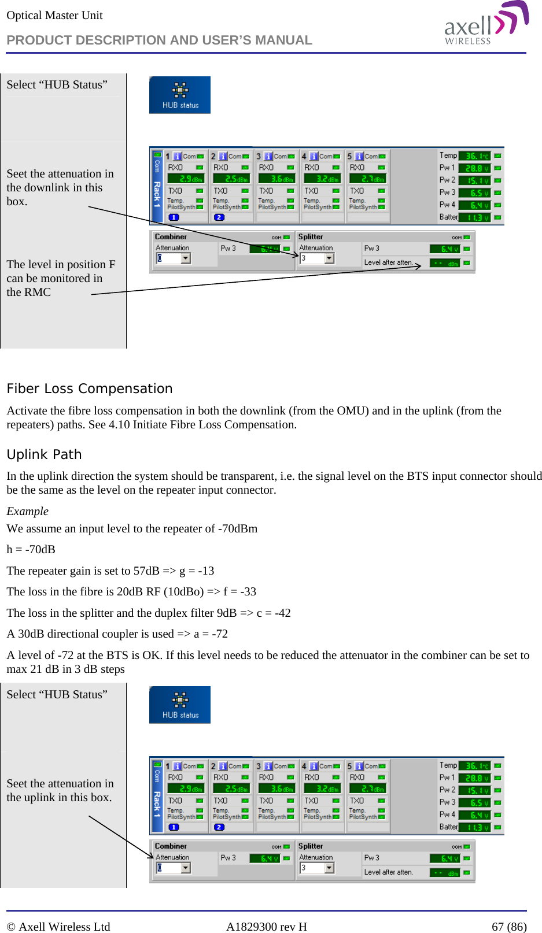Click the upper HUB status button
click(180, 95)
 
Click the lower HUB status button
click(180, 705)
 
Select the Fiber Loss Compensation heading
click(90, 388)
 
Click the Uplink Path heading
click(44, 454)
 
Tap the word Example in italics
click(27, 511)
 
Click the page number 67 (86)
click(508, 927)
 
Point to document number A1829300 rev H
click(266, 927)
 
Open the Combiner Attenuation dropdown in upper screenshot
click(186, 258)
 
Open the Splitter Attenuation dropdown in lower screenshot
click(329, 868)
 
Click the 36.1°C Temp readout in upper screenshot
click(477, 155)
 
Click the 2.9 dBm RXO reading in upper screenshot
click(186, 179)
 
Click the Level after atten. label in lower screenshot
click(388, 872)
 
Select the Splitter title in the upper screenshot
click(311, 237)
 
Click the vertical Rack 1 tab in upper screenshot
click(157, 187)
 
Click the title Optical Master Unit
click(54, 16)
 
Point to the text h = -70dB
click(31, 549)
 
